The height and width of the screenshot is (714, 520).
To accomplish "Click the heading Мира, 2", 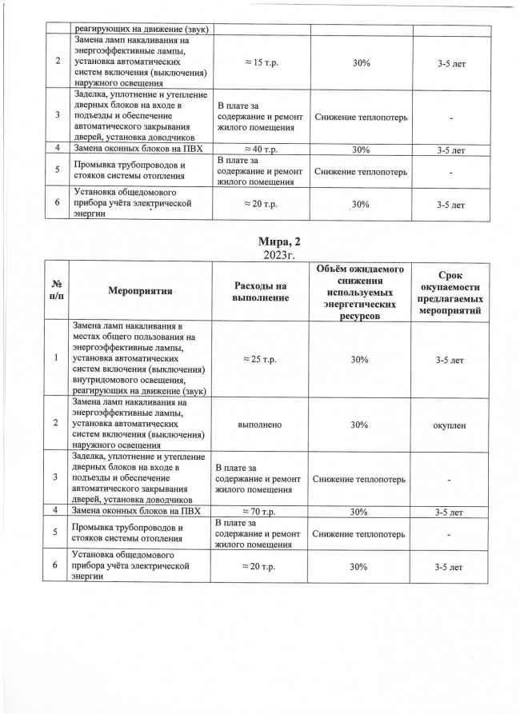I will (259, 241).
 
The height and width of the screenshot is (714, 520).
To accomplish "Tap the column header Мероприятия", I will (142, 292).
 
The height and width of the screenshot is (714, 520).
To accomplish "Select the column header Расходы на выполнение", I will (260, 292).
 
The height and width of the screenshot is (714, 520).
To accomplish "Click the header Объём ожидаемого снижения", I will (359, 292).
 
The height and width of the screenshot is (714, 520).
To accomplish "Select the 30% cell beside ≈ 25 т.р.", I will (359, 361).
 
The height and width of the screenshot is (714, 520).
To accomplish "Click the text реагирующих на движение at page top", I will (141, 30).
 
